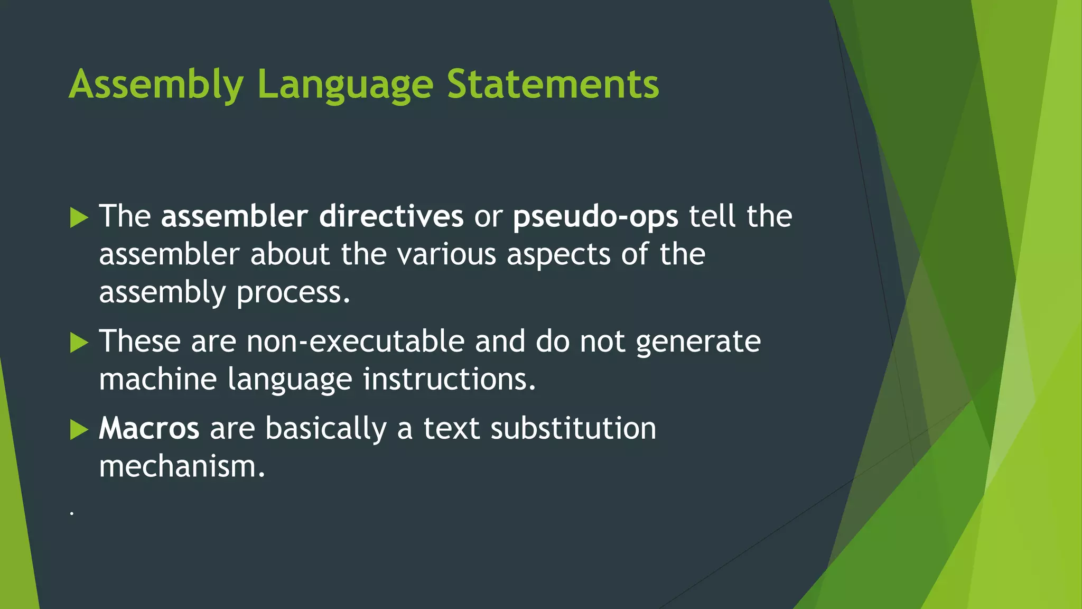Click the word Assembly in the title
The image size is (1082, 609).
pyautogui.click(x=156, y=85)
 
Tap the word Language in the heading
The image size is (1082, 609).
pyautogui.click(x=345, y=85)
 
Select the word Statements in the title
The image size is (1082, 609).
pyautogui.click(x=553, y=85)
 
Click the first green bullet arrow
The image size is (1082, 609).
pyautogui.click(x=79, y=217)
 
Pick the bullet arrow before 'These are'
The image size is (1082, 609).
pyautogui.click(x=79, y=343)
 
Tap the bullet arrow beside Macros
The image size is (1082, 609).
pyautogui.click(x=79, y=430)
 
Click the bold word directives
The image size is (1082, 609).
pyautogui.click(x=391, y=216)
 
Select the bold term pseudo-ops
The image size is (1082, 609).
pyautogui.click(x=595, y=217)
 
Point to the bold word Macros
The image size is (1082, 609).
pyautogui.click(x=149, y=428)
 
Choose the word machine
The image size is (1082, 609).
pyautogui.click(x=158, y=380)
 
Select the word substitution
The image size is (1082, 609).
pyautogui.click(x=573, y=428)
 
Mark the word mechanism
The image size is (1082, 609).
pyautogui.click(x=182, y=467)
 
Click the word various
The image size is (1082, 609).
pyautogui.click(x=446, y=255)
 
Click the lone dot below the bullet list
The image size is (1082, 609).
pyautogui.click(x=72, y=513)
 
